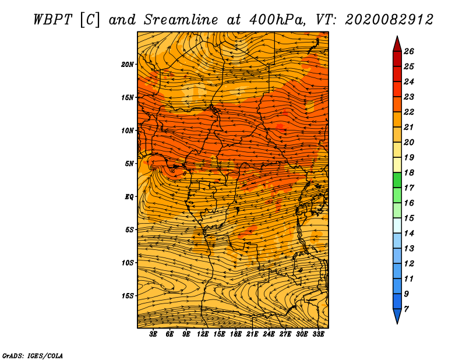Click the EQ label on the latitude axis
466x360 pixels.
[129, 196]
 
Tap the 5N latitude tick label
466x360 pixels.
[130, 163]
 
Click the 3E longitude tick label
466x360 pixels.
[154, 334]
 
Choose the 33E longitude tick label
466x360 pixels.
[319, 334]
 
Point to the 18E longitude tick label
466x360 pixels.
[236, 334]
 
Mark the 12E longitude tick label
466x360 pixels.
[203, 334]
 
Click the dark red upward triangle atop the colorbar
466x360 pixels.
[397, 44]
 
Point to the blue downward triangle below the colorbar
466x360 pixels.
[397, 316]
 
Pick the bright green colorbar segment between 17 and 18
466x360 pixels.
[397, 180]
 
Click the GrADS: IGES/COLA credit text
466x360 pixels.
[32, 355]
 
